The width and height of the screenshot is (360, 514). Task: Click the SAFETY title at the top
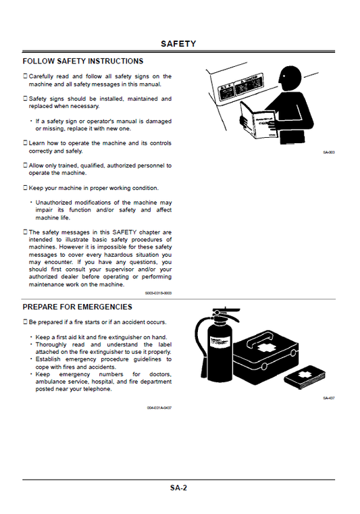178,44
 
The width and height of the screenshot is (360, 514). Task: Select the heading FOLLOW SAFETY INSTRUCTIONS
83,61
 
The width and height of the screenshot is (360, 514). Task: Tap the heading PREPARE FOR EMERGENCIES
78,307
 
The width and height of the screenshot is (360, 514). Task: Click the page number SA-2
178,487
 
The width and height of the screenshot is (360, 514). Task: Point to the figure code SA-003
329,152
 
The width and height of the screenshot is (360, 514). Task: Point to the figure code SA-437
329,398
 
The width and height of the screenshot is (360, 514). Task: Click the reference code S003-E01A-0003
159,293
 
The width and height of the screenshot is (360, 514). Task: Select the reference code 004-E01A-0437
159,408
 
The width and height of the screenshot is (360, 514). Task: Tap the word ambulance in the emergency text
52,382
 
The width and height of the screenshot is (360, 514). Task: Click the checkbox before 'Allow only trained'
26,165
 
